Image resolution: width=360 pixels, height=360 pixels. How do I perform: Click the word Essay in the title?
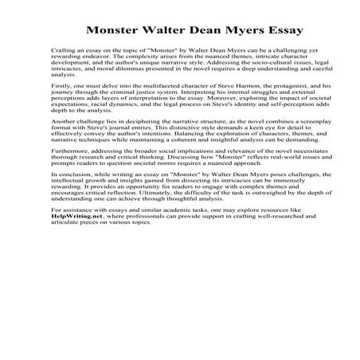click(x=262, y=33)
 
